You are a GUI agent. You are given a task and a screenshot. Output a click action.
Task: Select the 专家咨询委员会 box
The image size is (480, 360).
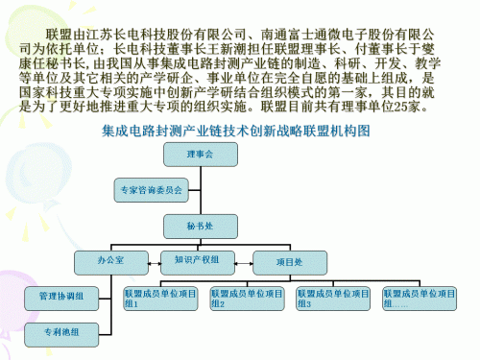151,189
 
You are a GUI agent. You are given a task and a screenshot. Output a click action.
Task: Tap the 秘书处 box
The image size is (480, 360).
202,225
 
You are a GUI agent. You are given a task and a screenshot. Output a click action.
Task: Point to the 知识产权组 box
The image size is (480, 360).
197,259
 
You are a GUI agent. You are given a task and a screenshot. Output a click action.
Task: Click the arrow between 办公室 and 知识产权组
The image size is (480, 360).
154,259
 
